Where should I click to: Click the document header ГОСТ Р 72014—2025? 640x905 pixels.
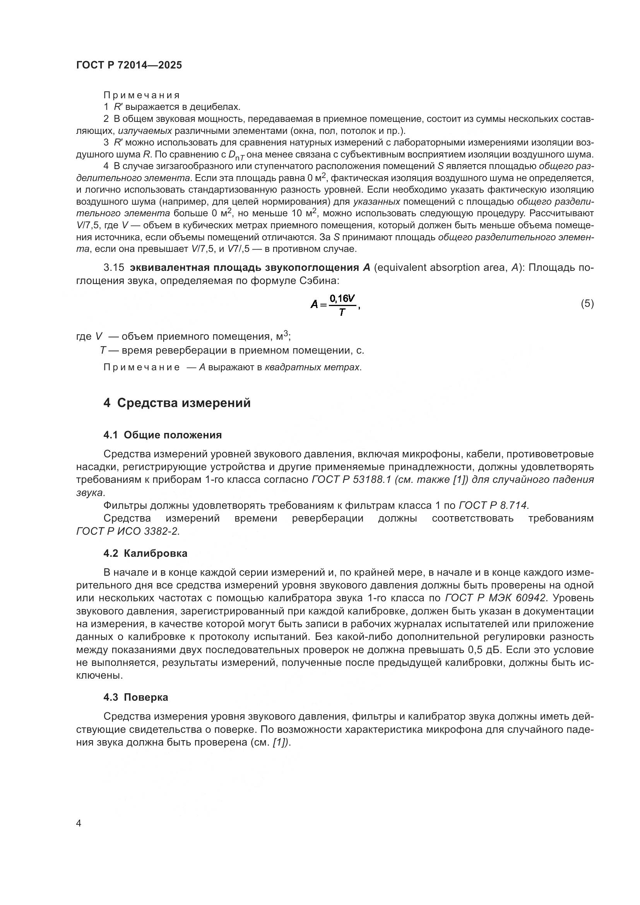click(x=129, y=65)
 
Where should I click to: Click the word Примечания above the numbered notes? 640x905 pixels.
click(x=142, y=96)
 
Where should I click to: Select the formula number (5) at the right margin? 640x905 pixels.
click(x=587, y=303)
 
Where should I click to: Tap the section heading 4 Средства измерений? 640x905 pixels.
click(x=177, y=403)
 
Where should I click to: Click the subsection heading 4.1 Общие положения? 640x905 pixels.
click(x=163, y=435)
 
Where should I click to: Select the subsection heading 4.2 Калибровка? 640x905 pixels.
click(x=145, y=553)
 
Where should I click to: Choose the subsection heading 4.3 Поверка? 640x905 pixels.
click(x=135, y=697)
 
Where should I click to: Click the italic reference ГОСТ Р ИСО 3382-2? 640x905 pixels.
click(x=128, y=531)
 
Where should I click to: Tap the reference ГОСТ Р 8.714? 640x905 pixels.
click(x=493, y=505)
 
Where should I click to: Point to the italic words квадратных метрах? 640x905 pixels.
click(x=312, y=367)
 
